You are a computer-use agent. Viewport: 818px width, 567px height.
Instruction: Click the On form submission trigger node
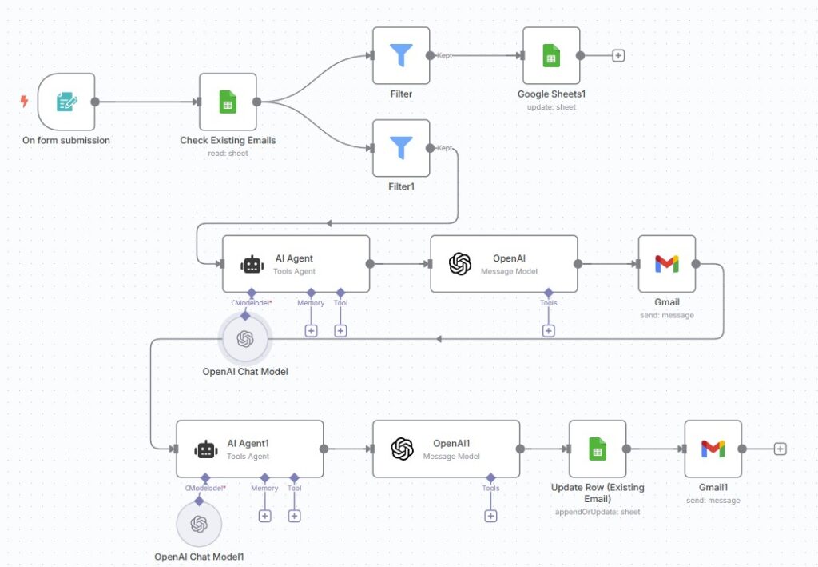pyautogui.click(x=66, y=102)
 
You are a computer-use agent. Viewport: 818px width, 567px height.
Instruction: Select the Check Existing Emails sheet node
pyautogui.click(x=228, y=102)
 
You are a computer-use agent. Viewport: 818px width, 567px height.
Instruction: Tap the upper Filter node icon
pyautogui.click(x=401, y=55)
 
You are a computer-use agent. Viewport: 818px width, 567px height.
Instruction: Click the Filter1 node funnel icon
pyautogui.click(x=401, y=148)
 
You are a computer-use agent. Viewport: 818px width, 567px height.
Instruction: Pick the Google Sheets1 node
pyautogui.click(x=551, y=55)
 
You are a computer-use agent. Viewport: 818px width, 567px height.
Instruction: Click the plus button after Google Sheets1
pyautogui.click(x=618, y=55)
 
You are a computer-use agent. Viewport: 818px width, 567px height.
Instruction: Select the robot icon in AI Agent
pyautogui.click(x=252, y=264)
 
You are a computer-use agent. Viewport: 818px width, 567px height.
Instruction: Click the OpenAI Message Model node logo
pyautogui.click(x=460, y=264)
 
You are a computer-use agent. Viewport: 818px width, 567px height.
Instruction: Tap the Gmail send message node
pyautogui.click(x=667, y=263)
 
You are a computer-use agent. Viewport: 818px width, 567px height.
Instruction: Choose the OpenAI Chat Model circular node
pyautogui.click(x=245, y=339)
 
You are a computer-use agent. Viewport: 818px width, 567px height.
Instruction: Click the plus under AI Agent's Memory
pyautogui.click(x=311, y=330)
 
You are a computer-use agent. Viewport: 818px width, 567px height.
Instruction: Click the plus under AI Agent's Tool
pyautogui.click(x=340, y=330)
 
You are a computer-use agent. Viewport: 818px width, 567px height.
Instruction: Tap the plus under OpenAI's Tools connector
pyautogui.click(x=548, y=330)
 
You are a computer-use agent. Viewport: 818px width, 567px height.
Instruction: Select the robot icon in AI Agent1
pyautogui.click(x=206, y=449)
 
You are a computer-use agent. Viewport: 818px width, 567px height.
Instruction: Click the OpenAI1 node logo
pyautogui.click(x=403, y=449)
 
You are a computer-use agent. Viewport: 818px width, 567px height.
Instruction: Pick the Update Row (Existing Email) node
pyautogui.click(x=597, y=449)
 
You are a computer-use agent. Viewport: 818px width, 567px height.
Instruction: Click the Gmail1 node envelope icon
pyautogui.click(x=713, y=449)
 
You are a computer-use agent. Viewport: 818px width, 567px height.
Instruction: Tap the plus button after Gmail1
pyautogui.click(x=780, y=449)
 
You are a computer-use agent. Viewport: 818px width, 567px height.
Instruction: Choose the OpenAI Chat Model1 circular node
pyautogui.click(x=199, y=525)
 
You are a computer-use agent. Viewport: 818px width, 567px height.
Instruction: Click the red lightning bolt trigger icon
pyautogui.click(x=25, y=102)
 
